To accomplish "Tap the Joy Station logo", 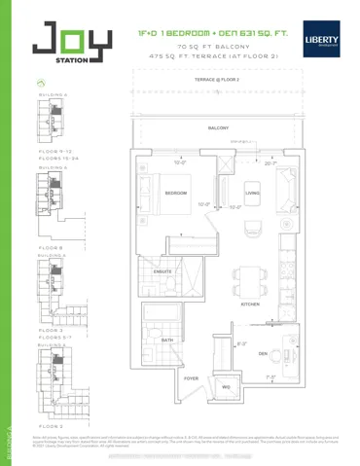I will pos(57,46).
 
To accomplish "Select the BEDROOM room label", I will pos(176,194).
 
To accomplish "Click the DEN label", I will pos(263,354).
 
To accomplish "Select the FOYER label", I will pos(192,377).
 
